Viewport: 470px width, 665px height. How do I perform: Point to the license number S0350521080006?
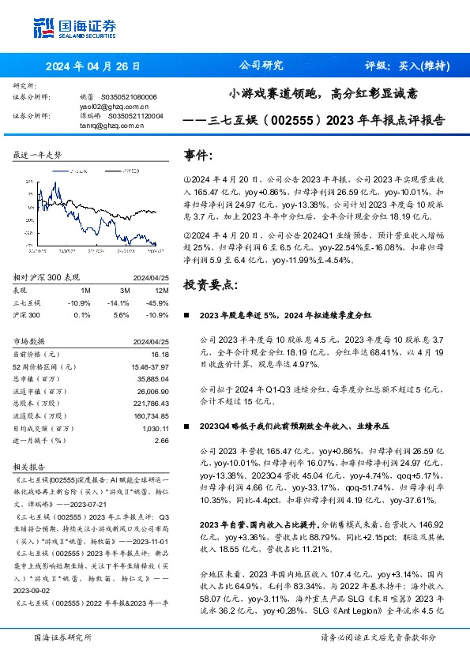(x=129, y=96)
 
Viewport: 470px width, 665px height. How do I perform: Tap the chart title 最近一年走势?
(x=37, y=155)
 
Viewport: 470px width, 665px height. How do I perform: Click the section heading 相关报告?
(x=30, y=467)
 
